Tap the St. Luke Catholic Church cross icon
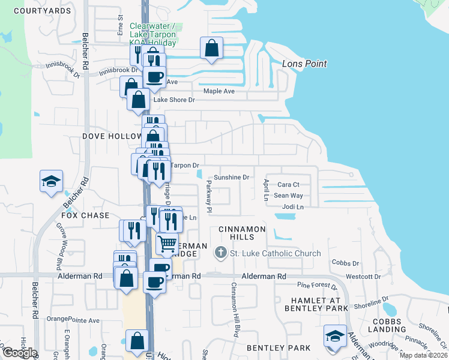(x=221, y=253)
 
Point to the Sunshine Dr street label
(x=232, y=178)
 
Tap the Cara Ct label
(x=288, y=185)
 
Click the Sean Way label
(x=288, y=196)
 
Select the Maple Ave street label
(x=219, y=91)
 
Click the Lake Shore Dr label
(x=175, y=100)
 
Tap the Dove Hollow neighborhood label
(x=112, y=136)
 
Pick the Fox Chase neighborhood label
(x=86, y=215)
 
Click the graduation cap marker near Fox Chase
(x=52, y=181)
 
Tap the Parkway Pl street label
(x=209, y=197)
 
